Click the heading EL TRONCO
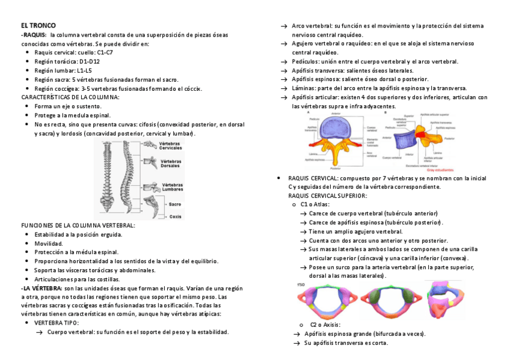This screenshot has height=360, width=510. click(x=38, y=25)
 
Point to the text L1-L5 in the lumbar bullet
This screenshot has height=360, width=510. click(x=84, y=70)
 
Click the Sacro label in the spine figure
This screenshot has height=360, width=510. click(x=175, y=204)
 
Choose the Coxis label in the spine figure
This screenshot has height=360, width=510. click(x=175, y=216)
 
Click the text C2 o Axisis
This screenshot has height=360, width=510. click(x=325, y=325)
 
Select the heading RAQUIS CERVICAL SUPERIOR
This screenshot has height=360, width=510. click(x=327, y=195)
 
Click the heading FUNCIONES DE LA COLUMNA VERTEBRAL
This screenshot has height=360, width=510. click(x=78, y=225)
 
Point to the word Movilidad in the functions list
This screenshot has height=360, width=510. click(x=49, y=243)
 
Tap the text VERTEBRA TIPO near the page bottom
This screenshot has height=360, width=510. click(x=57, y=323)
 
